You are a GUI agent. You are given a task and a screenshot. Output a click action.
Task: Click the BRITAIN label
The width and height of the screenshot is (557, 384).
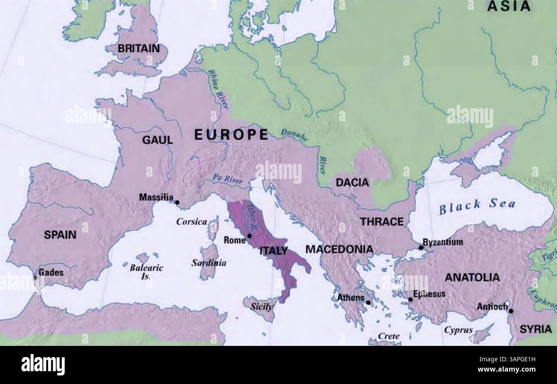point(138,48)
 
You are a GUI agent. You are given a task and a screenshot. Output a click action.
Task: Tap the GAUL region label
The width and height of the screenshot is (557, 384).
point(158,140)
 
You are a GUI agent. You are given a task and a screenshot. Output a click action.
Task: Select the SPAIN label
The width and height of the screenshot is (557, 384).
point(60,235)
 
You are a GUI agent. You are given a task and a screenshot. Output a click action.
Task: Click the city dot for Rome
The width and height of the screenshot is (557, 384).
point(249,235)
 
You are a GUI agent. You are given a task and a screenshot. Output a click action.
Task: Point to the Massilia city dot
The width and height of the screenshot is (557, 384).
point(177,202)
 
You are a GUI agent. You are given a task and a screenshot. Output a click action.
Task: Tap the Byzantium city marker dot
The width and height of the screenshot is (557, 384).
point(421,247)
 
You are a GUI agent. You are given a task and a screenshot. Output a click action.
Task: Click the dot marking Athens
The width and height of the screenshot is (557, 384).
point(368,302)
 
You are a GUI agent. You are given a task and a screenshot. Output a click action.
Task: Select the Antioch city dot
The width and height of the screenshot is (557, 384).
point(511,311)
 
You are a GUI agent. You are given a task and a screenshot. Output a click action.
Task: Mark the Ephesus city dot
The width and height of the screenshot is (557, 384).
point(410,299)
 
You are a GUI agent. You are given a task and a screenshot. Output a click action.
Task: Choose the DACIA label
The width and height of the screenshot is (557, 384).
point(352,183)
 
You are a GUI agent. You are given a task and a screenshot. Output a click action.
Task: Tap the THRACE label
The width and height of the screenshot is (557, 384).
point(381,221)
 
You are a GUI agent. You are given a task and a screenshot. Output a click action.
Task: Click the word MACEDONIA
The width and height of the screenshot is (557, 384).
point(339,249)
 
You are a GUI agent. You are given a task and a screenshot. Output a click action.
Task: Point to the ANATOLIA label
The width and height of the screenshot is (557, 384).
point(472,277)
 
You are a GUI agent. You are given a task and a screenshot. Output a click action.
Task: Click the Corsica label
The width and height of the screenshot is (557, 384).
point(192,222)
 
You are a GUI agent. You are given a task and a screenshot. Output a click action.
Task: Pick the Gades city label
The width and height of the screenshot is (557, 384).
point(51,272)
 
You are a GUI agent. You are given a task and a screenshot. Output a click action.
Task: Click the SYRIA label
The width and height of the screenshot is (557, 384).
point(536,329)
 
